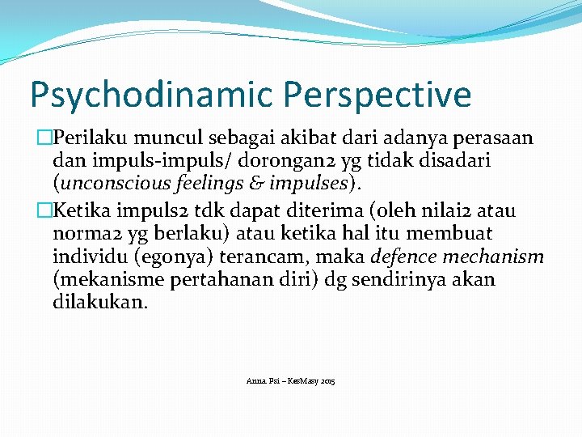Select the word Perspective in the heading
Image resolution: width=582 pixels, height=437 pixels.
click(377, 95)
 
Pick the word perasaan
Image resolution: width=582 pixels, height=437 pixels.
click(496, 139)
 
